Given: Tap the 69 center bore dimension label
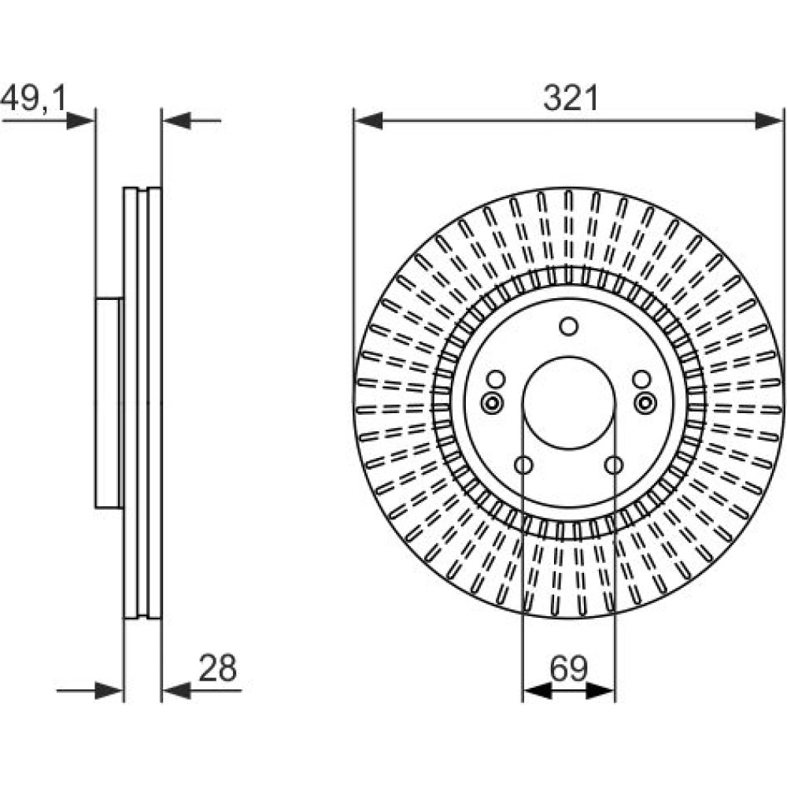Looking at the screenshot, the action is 569,668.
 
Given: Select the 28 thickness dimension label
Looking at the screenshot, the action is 217,668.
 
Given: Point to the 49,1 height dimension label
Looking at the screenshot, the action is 33,98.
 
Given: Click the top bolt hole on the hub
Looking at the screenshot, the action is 569,327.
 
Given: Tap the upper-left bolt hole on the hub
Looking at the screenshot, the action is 496,379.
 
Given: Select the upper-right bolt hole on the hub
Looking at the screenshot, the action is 641,379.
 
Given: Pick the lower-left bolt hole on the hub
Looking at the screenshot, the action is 523,465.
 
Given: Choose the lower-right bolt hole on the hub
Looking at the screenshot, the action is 613,465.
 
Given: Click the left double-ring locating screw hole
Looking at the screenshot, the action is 491,402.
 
